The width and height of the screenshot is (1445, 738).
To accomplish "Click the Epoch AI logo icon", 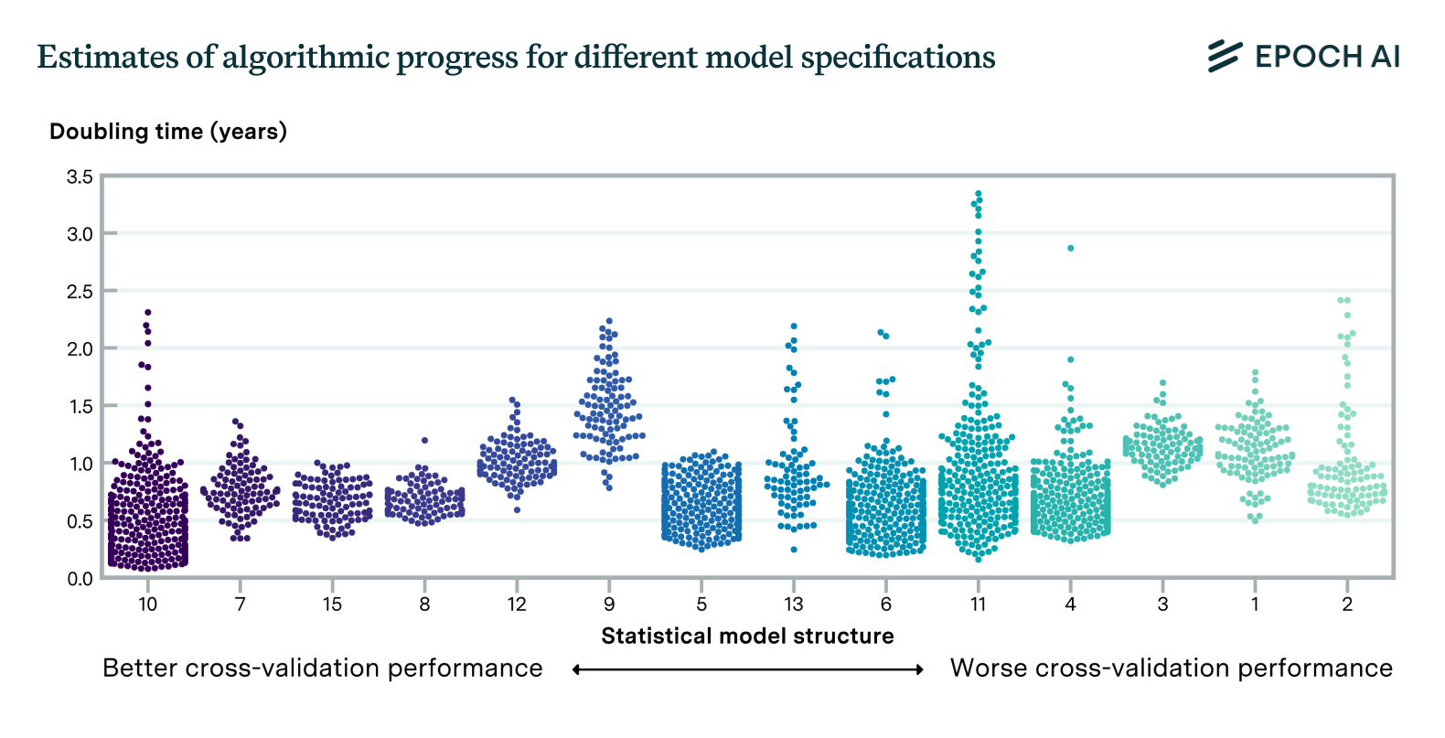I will (1225, 57).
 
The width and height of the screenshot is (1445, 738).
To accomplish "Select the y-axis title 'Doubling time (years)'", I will (168, 132).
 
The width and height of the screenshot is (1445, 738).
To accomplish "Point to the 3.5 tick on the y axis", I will (80, 176).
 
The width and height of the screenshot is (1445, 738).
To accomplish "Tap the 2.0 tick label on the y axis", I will (80, 348).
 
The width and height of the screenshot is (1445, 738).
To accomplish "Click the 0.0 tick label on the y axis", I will (80, 578).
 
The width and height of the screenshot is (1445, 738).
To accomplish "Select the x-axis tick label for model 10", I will (147, 604).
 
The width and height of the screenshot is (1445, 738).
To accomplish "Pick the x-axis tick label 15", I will (332, 604).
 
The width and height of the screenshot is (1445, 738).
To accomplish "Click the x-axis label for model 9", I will (609, 604).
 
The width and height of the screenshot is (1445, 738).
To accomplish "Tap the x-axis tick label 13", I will (793, 604).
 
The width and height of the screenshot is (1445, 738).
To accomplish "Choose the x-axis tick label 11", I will (978, 604).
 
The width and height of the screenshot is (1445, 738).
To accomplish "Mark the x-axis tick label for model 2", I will (1347, 604).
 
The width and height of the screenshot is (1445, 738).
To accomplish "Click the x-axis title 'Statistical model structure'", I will (747, 636).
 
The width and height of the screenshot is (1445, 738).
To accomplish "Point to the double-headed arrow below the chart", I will (747, 669).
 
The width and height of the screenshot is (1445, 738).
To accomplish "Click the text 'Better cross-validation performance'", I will (322, 668).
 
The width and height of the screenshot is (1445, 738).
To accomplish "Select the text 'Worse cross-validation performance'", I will (1171, 668).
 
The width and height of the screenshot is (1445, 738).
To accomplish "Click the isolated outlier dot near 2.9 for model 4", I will (1070, 248).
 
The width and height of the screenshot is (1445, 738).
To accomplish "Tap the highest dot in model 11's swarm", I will (979, 194).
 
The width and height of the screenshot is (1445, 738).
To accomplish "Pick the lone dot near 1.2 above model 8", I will (424, 440).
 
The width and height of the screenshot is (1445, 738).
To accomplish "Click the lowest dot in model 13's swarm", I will (794, 550).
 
